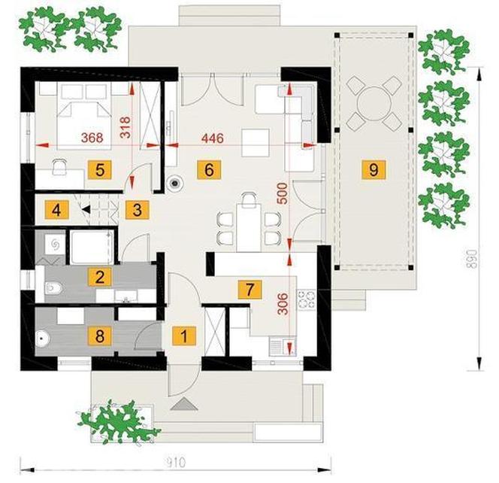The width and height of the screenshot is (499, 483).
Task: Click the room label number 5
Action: (x=100, y=170)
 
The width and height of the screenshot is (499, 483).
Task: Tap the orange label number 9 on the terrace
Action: (x=373, y=169)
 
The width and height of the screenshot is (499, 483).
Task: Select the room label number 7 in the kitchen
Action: (x=249, y=290)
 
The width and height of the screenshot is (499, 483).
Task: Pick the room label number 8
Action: (x=100, y=336)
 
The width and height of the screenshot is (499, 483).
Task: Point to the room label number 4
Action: (x=56, y=210)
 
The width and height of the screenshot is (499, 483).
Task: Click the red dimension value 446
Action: (x=213, y=138)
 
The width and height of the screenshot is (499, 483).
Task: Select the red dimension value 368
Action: (x=92, y=138)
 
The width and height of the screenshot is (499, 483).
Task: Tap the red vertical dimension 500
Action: (x=283, y=193)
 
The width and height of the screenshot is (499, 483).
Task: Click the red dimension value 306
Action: (x=283, y=304)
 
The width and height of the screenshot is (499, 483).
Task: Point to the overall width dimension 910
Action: (x=176, y=462)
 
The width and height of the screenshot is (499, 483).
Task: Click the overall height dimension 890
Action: (x=474, y=259)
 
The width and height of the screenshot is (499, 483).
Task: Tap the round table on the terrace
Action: (x=373, y=103)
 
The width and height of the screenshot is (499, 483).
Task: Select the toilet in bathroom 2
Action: (x=53, y=288)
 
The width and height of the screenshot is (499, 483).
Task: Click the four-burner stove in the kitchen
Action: (x=306, y=299)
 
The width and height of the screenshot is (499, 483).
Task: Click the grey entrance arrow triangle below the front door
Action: (x=184, y=404)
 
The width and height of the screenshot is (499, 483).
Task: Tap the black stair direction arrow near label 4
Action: (x=86, y=209)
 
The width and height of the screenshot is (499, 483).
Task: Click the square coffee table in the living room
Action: (x=256, y=142)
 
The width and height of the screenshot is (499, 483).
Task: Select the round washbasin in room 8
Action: (x=41, y=339)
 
